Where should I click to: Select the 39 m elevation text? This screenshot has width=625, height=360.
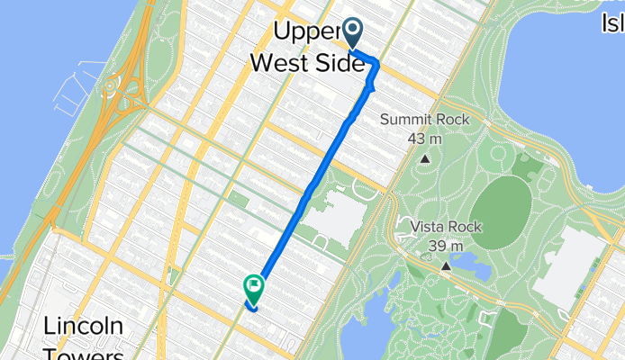coord(446,245)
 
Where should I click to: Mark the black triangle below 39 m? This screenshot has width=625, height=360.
coord(446,265)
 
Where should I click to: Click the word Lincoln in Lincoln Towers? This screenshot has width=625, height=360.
coord(83,325)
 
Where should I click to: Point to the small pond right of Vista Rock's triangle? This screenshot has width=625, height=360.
coord(470,264)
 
